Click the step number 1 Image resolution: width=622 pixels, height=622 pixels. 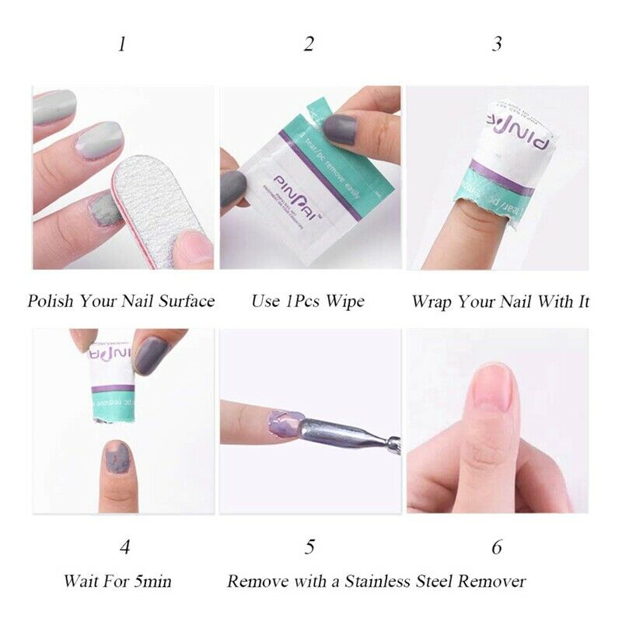click(x=121, y=44)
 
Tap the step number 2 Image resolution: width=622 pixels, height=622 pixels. click(x=309, y=44)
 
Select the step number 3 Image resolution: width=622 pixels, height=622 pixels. click(x=497, y=44)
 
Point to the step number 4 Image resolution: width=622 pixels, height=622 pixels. click(x=124, y=547)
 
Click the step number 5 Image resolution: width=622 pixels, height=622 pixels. click(x=309, y=547)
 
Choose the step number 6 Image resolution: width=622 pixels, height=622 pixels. click(x=497, y=547)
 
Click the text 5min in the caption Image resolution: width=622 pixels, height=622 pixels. click(x=151, y=581)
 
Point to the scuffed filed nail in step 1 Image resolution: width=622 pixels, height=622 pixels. click(x=101, y=210)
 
